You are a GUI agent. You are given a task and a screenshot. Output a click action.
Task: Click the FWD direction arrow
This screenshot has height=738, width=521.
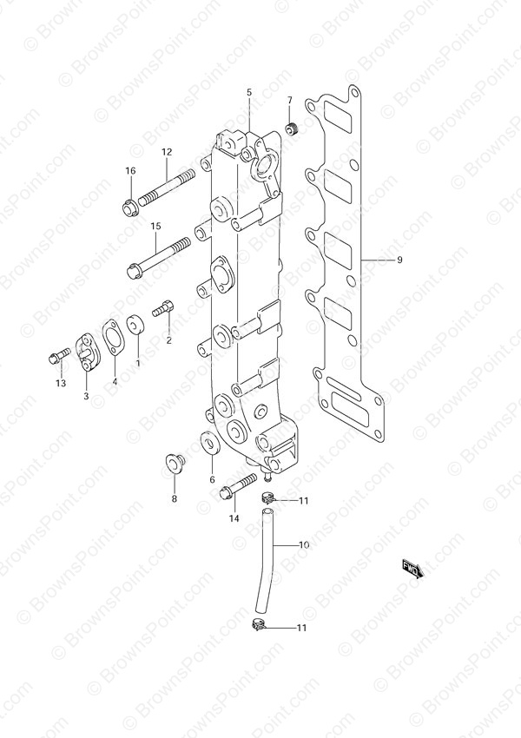[413, 569]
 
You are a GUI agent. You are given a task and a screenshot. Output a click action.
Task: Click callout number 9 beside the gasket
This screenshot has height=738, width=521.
[399, 260]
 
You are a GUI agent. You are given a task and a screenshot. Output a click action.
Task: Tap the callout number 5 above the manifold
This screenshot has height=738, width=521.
[249, 93]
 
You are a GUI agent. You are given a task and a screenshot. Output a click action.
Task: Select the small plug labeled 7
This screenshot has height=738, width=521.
[293, 127]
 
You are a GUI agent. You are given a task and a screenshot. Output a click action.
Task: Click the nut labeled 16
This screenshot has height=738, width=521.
[129, 208]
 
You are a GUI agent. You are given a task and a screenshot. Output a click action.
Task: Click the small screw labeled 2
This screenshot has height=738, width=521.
[163, 309]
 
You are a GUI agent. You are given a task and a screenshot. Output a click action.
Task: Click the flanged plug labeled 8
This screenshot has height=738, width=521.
[175, 463]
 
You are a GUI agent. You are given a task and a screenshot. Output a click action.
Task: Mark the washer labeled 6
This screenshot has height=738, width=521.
[209, 444]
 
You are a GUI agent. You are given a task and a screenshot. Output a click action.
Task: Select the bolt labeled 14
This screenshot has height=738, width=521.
[238, 486]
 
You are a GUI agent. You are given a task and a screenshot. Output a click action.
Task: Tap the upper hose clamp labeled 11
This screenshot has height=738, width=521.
[267, 497]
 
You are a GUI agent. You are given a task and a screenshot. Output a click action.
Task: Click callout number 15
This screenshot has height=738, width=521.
[155, 227]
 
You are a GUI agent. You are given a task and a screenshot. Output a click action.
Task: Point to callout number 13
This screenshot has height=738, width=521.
[61, 384]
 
